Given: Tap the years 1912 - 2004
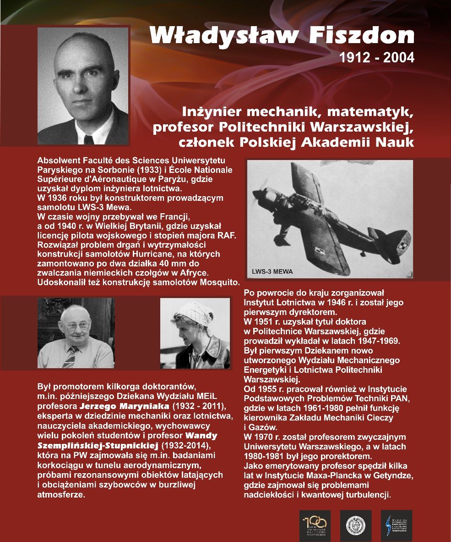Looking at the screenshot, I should pyautogui.click(x=377, y=58).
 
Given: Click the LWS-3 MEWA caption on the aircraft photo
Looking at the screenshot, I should pyautogui.click(x=272, y=271).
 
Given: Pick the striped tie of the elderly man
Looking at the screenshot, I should pyautogui.click(x=69, y=357).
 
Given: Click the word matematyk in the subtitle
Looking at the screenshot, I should pyautogui.click(x=372, y=111).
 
